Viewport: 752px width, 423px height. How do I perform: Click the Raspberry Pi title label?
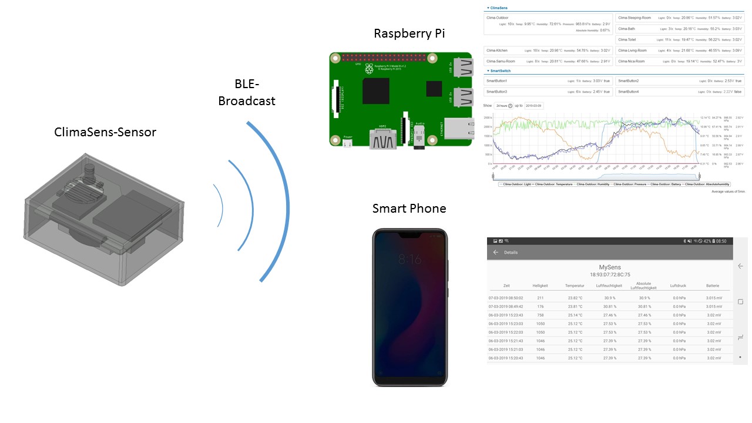pyautogui.click(x=409, y=33)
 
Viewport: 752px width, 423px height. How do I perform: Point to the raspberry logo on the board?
pyautogui.click(x=369, y=69)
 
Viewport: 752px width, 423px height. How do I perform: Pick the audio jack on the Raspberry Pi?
pyautogui.click(x=419, y=139)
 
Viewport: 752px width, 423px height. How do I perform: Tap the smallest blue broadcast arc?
pyautogui.click(x=219, y=205)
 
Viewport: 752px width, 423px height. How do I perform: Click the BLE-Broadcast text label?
pyautogui.click(x=247, y=92)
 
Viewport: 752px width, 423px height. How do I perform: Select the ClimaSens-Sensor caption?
pyautogui.click(x=105, y=132)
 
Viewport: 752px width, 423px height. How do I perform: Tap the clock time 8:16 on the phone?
pyautogui.click(x=409, y=259)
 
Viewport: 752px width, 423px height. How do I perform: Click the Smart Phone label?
pyautogui.click(x=409, y=209)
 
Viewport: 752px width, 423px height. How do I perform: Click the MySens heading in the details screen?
pyautogui.click(x=610, y=267)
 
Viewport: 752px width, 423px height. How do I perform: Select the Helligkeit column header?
pyautogui.click(x=540, y=286)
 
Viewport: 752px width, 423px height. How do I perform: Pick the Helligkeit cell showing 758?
pyautogui.click(x=540, y=315)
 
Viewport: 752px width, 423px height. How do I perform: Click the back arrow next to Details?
pyautogui.click(x=495, y=252)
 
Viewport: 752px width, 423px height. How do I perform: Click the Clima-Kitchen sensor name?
pyautogui.click(x=497, y=51)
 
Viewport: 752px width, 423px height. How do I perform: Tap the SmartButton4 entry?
pyautogui.click(x=629, y=92)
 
